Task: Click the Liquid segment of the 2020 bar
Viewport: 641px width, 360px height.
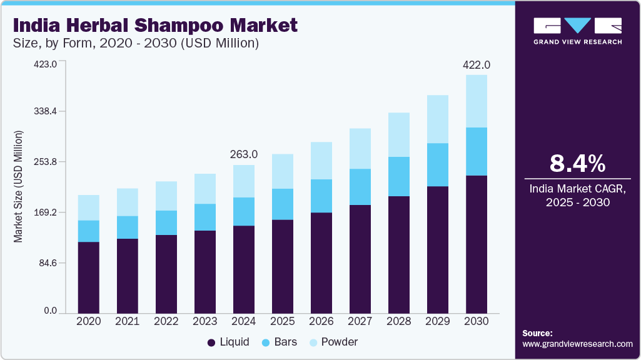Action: pos(89,277)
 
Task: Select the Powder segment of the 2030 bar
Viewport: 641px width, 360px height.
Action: pos(477,101)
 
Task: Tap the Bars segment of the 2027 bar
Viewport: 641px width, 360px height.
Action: pos(360,187)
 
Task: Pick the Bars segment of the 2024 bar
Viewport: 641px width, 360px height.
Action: pos(244,211)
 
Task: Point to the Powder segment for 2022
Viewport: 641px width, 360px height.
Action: pos(166,196)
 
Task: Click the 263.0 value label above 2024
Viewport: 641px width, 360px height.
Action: pos(244,154)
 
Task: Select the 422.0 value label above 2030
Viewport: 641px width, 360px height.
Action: pos(477,65)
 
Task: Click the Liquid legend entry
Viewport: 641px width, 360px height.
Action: pos(228,342)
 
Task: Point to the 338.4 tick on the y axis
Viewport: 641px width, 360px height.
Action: pos(45,111)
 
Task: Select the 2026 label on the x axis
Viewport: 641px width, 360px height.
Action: pos(321,321)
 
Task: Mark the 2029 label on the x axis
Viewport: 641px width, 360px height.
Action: pos(438,321)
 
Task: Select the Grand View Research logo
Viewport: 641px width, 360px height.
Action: pos(578,31)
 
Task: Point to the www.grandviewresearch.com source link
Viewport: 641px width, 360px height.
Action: pos(577,344)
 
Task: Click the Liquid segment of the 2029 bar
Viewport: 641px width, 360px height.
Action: pos(438,249)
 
